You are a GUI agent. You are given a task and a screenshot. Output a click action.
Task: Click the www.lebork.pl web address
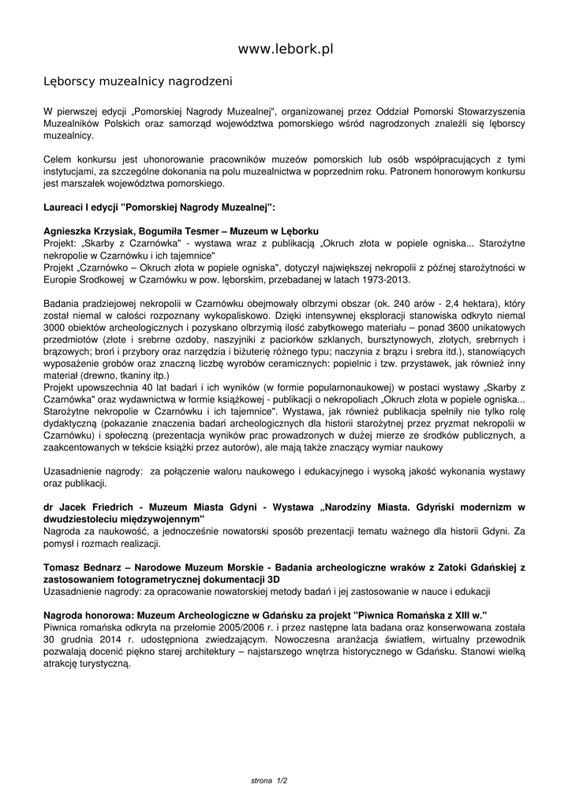point(286,50)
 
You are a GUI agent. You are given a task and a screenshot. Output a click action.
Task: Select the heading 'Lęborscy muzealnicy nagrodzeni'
point(137,81)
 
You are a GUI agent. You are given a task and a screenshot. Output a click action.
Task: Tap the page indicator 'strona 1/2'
point(269,780)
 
